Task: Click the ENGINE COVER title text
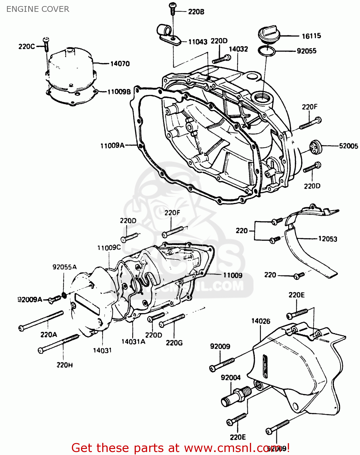click(x=38, y=9)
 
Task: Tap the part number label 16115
click(x=311, y=36)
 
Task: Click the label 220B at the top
click(x=196, y=12)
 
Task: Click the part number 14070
click(x=120, y=64)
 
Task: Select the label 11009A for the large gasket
click(x=112, y=146)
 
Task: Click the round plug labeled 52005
click(x=314, y=147)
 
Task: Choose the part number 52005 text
click(x=348, y=146)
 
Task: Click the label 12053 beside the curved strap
click(x=328, y=239)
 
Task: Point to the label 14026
click(x=261, y=321)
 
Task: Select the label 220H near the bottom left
click(x=64, y=365)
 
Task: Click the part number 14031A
click(x=133, y=342)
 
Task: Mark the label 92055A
click(x=64, y=267)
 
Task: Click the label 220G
click(x=174, y=343)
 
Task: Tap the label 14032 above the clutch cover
click(x=238, y=49)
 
